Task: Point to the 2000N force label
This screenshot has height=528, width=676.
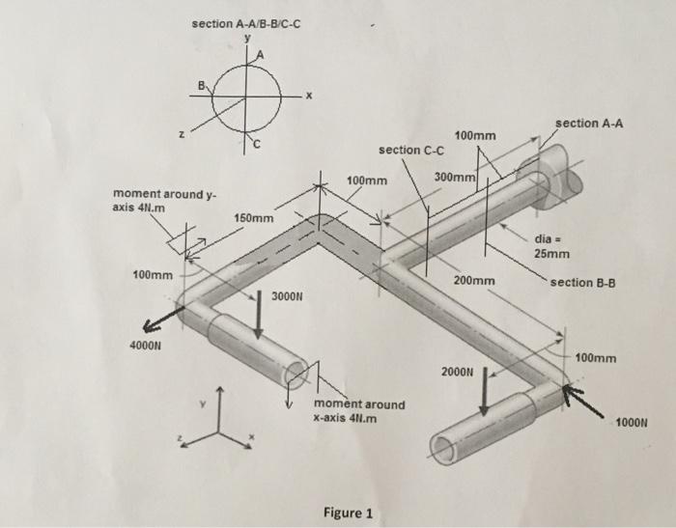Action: pos(459,371)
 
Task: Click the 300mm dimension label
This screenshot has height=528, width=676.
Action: pos(455,179)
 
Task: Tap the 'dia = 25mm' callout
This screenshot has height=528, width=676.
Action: pos(551,246)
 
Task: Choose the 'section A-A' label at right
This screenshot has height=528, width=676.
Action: pos(590,124)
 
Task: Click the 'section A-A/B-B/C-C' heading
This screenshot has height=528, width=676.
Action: pos(248,21)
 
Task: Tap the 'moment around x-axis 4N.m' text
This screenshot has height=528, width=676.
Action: pos(359,411)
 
